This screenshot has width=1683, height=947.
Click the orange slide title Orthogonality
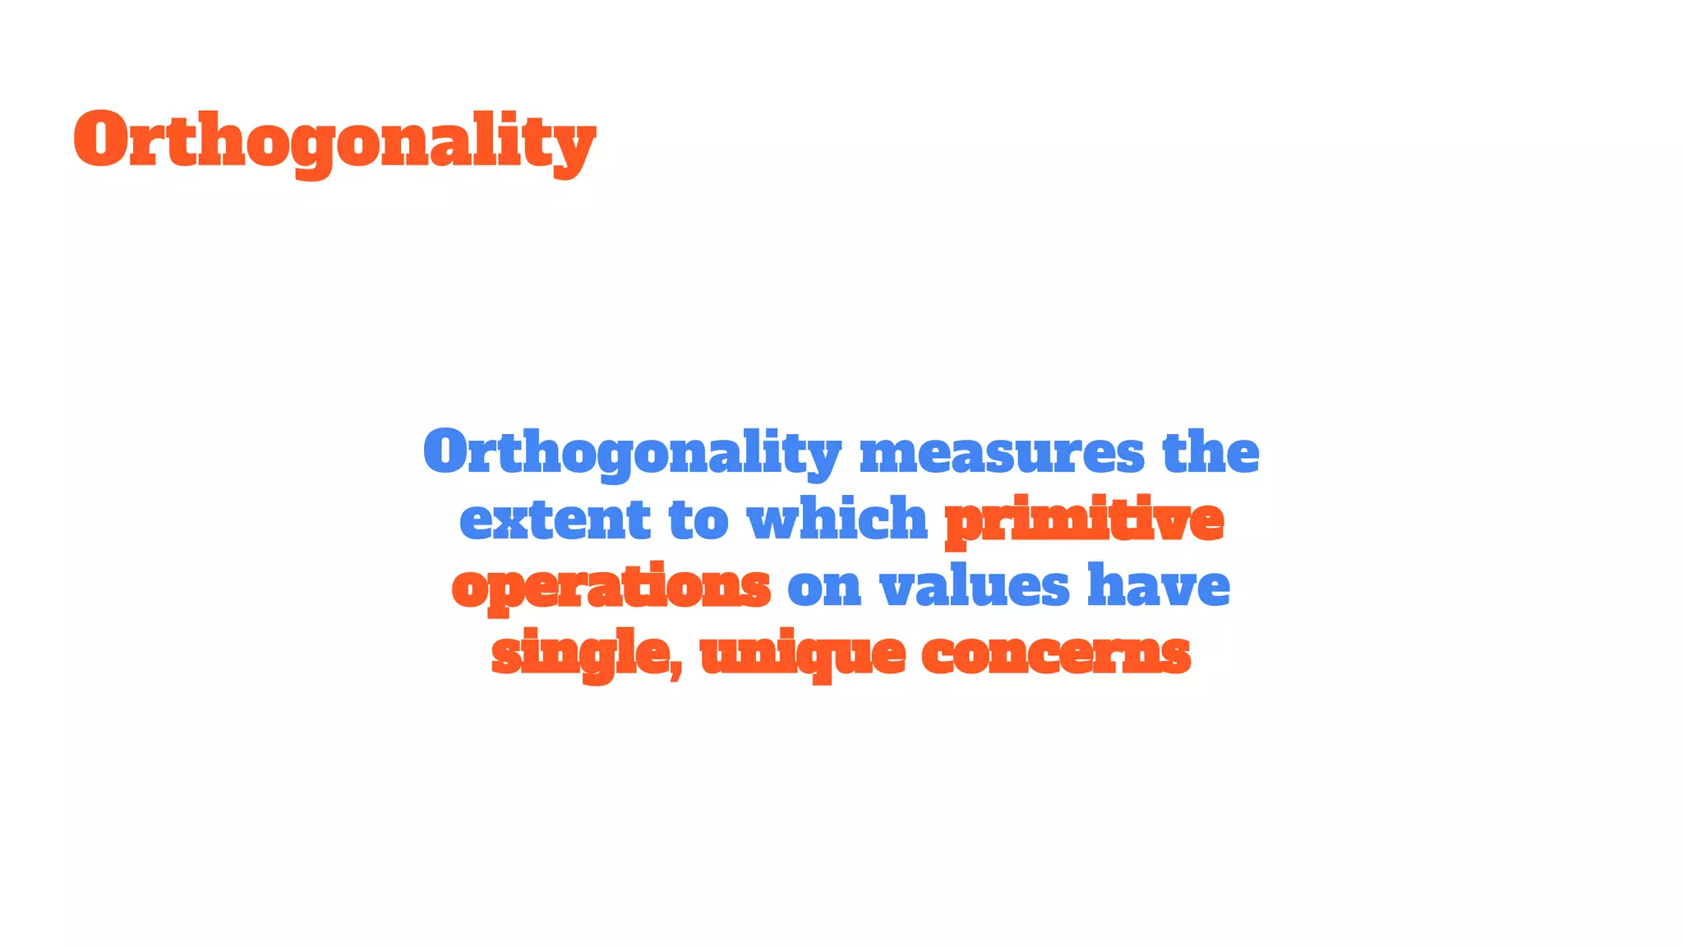tap(334, 141)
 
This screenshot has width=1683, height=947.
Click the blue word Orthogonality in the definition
tap(632, 453)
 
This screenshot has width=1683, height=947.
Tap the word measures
tap(1002, 453)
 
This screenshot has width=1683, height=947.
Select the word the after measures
tap(1210, 453)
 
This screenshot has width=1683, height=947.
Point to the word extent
tap(555, 520)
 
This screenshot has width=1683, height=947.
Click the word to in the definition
tap(699, 520)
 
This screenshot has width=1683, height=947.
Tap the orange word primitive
tap(1084, 520)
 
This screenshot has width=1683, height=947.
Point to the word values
tap(975, 586)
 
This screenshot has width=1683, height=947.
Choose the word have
tap(1159, 586)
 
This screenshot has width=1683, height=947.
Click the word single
tap(580, 654)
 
